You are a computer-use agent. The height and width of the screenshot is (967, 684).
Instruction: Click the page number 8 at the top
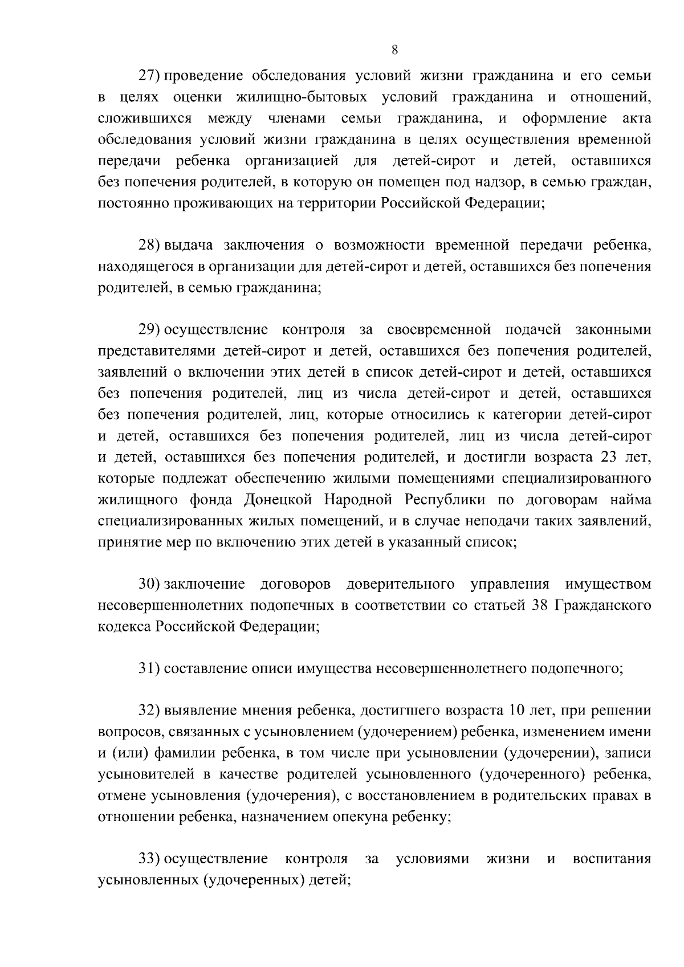(394, 50)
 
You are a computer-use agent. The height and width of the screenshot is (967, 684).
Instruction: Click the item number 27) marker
(151, 76)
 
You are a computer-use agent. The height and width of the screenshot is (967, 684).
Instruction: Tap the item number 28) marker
(151, 246)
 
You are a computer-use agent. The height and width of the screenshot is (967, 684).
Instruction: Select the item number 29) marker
(151, 330)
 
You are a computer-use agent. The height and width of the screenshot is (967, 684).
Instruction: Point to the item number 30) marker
(151, 584)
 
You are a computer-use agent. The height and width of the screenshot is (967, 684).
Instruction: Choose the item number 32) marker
(151, 711)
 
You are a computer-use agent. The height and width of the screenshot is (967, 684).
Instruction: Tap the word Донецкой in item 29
(279, 500)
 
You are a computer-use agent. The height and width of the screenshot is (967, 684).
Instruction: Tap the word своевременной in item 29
(438, 330)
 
